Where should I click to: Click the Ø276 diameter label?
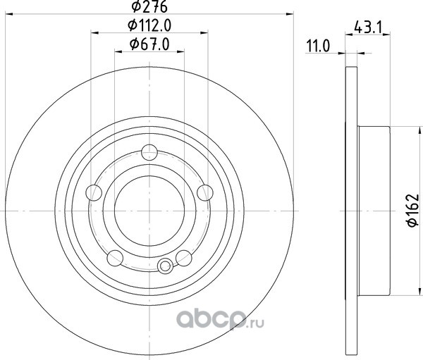click(149, 7)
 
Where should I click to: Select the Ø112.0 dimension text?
click(149, 25)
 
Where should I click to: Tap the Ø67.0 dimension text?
click(149, 44)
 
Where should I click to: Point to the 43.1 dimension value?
click(368, 27)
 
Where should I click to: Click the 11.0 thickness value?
click(318, 46)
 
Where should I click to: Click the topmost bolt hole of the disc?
click(149, 152)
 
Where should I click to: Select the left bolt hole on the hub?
click(94, 192)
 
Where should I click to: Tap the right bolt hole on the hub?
click(205, 193)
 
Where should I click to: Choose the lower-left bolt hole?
click(115, 258)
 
